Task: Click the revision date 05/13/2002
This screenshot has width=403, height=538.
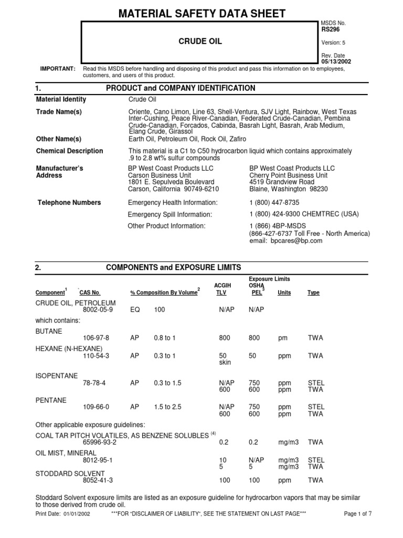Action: pyautogui.click(x=336, y=61)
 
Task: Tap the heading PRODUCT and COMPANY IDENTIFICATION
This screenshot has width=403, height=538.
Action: pyautogui.click(x=181, y=88)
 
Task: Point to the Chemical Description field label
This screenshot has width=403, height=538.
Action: pyautogui.click(x=69, y=151)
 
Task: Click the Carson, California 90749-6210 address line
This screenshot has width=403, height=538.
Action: pyautogui.click(x=173, y=189)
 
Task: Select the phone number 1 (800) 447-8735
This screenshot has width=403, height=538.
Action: pyautogui.click(x=275, y=202)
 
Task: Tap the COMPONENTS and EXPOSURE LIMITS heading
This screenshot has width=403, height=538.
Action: pyautogui.click(x=174, y=267)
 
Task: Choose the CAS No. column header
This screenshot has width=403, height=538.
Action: pyautogui.click(x=90, y=293)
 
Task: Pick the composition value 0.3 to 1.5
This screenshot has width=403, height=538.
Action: pyautogui.click(x=167, y=384)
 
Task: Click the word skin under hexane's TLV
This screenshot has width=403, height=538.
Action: pyautogui.click(x=226, y=363)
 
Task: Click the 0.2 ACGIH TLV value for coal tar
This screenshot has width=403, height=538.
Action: pyautogui.click(x=223, y=442)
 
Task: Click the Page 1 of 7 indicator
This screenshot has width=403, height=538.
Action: pyautogui.click(x=357, y=514)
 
